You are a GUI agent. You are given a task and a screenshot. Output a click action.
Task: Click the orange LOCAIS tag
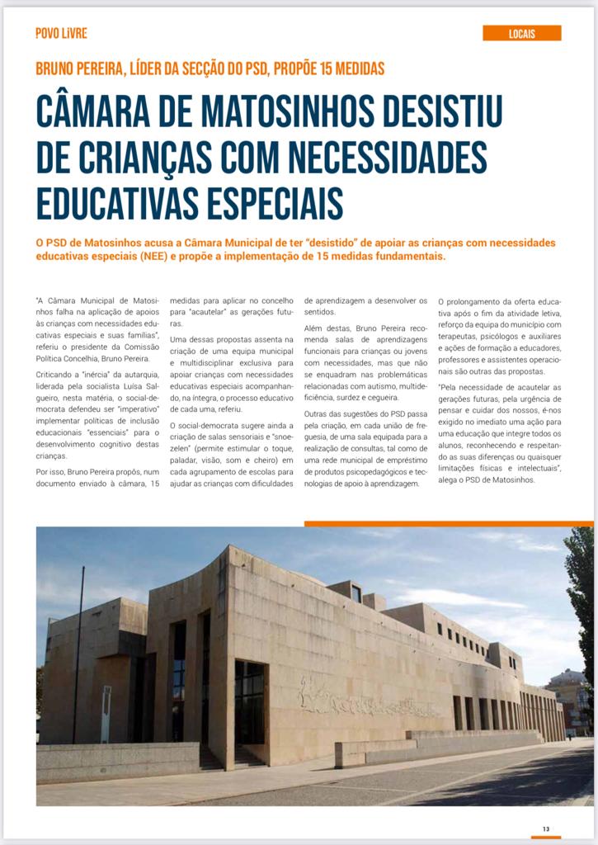[521, 33]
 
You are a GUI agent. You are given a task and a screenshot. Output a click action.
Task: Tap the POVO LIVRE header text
[61, 33]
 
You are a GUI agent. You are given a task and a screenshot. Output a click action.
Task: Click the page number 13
[546, 828]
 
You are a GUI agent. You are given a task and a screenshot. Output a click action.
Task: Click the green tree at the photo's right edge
[582, 594]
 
